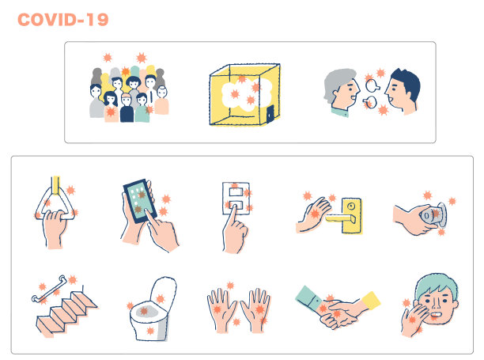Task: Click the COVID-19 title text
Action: click(63, 20)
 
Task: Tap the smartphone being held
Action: click(139, 201)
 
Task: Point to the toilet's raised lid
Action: click(163, 293)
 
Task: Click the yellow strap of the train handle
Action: click(56, 185)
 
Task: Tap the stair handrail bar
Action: click(49, 289)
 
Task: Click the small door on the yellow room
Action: click(270, 114)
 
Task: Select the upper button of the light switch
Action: click(236, 191)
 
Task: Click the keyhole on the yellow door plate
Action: click(351, 205)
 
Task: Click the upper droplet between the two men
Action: click(372, 85)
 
